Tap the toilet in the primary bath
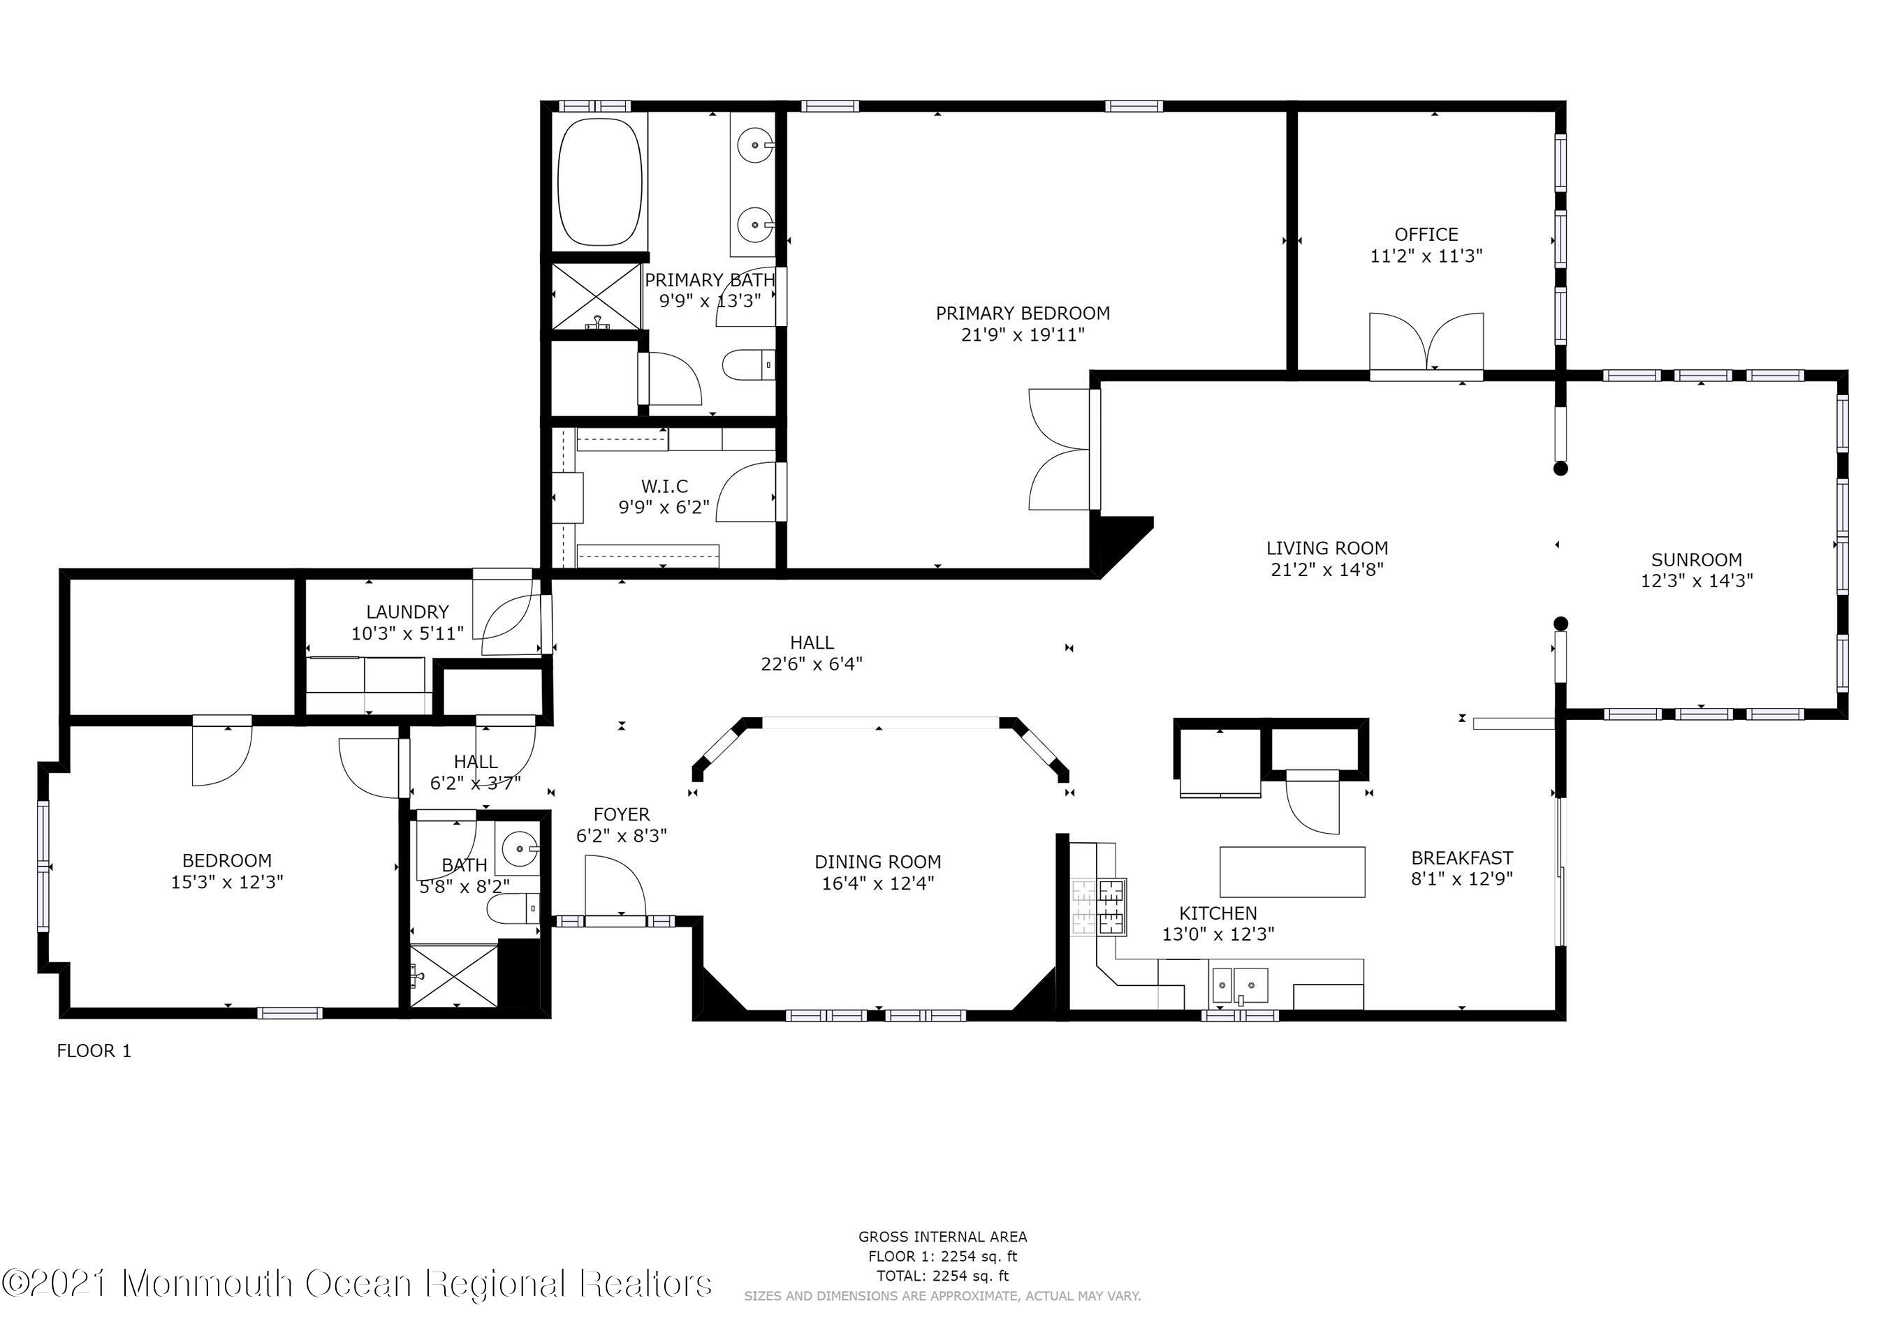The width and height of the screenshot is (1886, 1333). [749, 364]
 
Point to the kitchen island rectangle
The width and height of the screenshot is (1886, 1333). [1292, 871]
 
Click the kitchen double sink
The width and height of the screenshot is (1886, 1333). [1240, 984]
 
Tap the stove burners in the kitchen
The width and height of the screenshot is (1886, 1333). [1100, 907]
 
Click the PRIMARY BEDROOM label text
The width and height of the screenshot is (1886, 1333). [1023, 314]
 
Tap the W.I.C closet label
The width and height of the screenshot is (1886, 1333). [664, 486]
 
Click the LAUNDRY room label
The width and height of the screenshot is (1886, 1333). [407, 612]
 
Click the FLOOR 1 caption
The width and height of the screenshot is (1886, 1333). [94, 1050]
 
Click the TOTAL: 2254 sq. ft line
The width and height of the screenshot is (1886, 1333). [942, 1276]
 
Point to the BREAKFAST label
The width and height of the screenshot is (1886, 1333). [1461, 858]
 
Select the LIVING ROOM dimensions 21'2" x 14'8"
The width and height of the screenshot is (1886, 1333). [1326, 569]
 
